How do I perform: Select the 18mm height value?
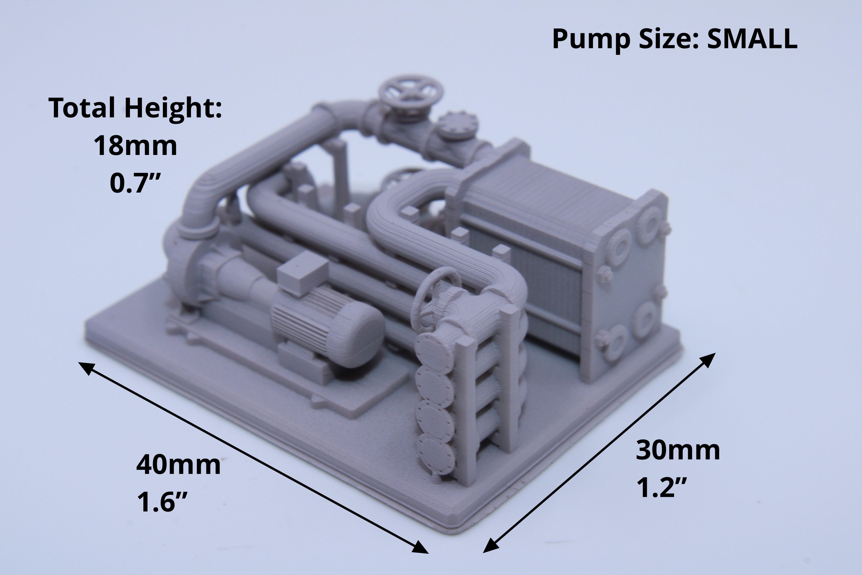[136, 145]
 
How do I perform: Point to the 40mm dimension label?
[178, 464]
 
